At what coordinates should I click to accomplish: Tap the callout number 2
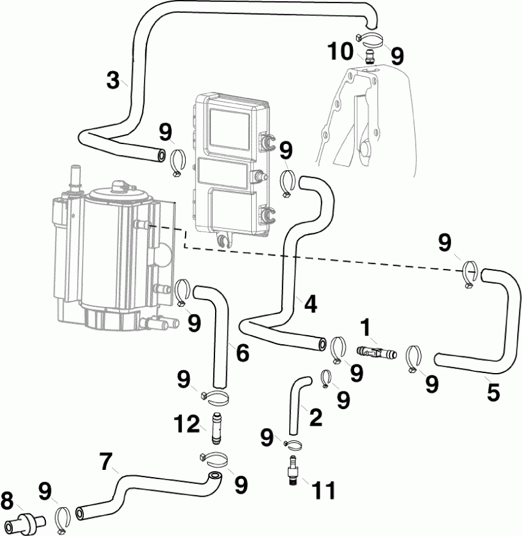pyautogui.click(x=316, y=418)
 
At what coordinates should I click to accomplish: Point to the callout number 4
pyautogui.click(x=311, y=304)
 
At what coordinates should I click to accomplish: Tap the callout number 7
pyautogui.click(x=106, y=461)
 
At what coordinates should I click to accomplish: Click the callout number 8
pyautogui.click(x=8, y=500)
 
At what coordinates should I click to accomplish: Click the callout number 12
pyautogui.click(x=187, y=423)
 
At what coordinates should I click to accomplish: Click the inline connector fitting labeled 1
pyautogui.click(x=376, y=353)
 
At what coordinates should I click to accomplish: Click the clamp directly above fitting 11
pyautogui.click(x=293, y=444)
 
